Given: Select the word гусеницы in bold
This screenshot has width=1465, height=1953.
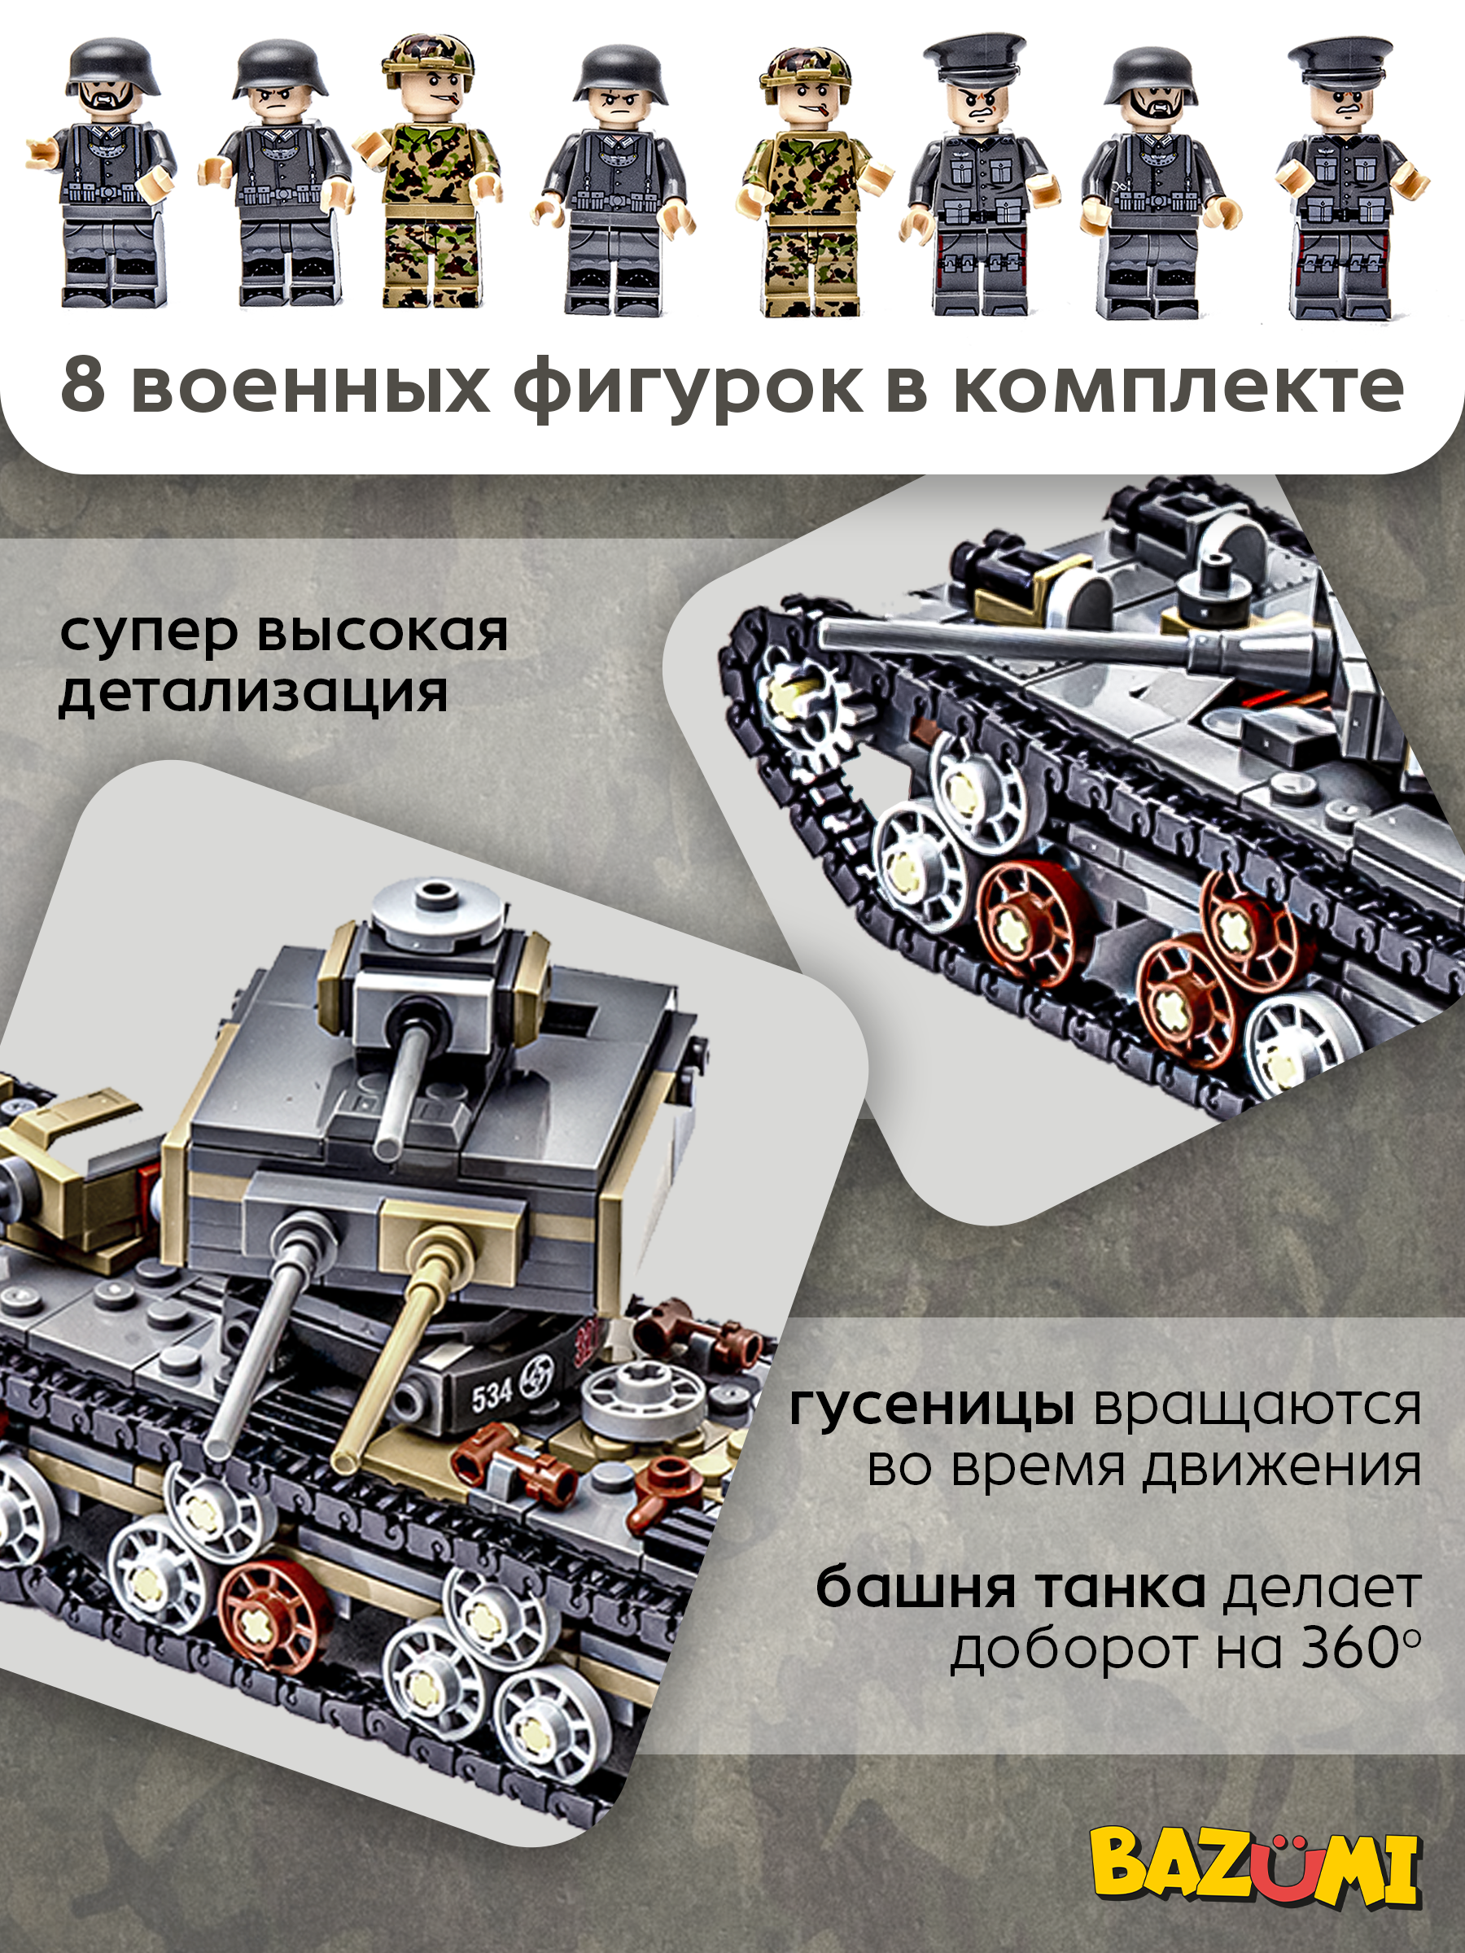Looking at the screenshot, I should [932, 1405].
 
